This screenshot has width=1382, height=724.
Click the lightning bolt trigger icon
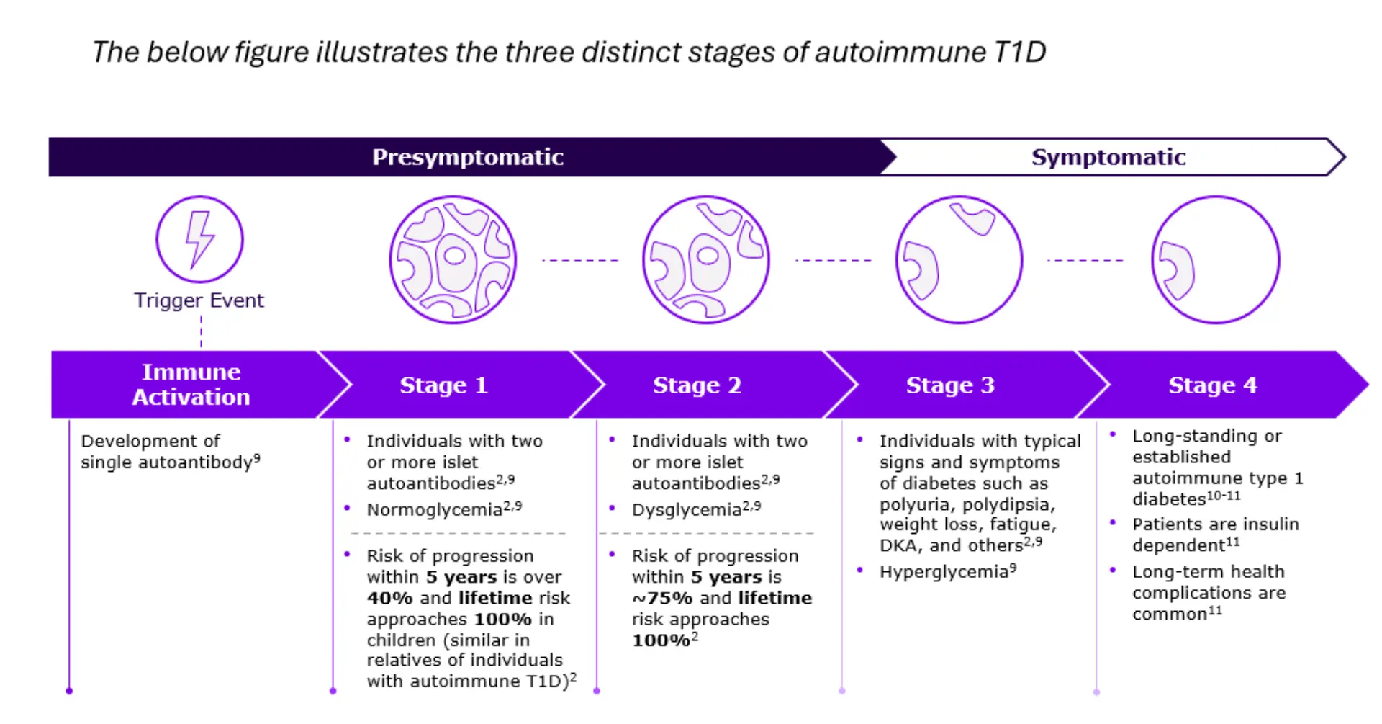coord(199,239)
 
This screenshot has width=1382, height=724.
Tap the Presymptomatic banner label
coord(467,157)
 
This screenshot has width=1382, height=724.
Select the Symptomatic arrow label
coord(1108,157)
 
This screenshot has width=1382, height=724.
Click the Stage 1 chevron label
coord(443,385)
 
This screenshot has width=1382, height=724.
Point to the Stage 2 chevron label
coord(697,385)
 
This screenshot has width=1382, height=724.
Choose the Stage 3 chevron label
coord(950,385)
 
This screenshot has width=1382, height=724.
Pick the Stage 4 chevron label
coord(1212,385)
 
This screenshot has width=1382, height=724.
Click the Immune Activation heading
coord(191,385)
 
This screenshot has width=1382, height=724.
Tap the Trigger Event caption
coord(199,300)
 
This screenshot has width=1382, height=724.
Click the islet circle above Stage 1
coord(453,260)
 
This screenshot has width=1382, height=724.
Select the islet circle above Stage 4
coord(1215,260)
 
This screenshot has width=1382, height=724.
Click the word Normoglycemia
coord(434,510)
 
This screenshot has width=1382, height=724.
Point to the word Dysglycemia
coord(686,510)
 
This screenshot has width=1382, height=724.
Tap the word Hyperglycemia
coord(943,572)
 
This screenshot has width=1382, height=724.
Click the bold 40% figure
coord(389,599)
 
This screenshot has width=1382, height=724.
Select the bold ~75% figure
coord(661,599)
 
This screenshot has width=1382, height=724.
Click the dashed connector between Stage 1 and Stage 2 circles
coord(579,260)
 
